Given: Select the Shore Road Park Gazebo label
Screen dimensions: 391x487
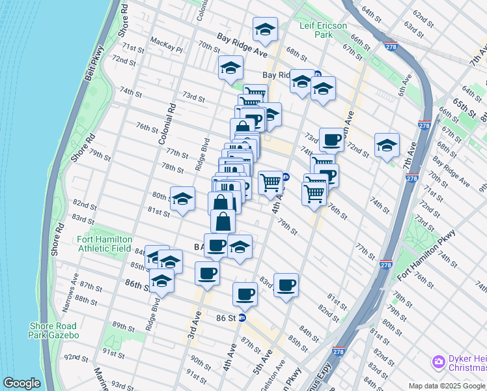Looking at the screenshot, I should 53,330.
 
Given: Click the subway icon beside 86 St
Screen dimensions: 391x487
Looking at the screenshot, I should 242,318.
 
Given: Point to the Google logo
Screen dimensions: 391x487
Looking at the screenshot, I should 21,383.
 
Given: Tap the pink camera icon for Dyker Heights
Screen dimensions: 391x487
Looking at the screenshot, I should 438,361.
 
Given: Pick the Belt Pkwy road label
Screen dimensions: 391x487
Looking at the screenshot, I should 94,64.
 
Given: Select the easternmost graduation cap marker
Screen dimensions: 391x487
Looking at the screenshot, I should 386,147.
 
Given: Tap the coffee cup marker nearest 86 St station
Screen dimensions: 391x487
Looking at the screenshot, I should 245,295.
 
